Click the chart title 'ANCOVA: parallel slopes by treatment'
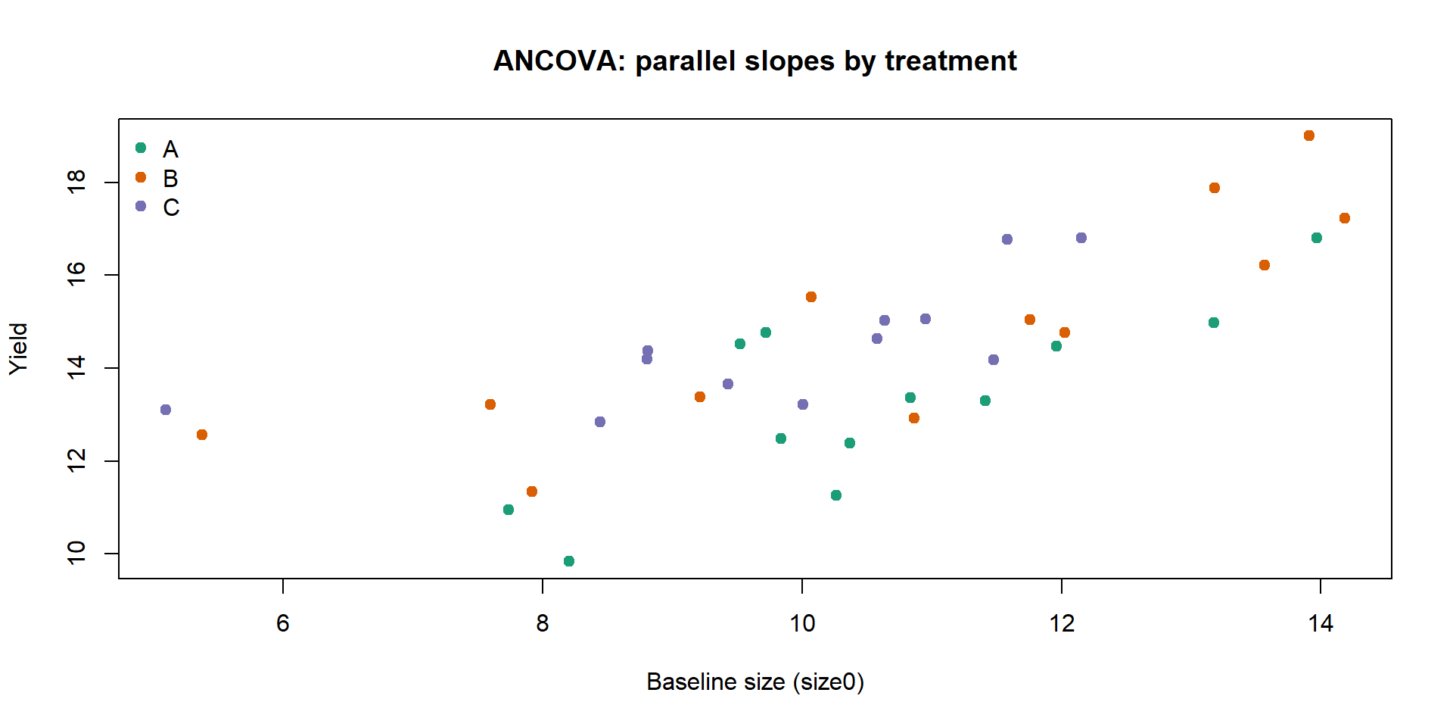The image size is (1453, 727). (x=755, y=61)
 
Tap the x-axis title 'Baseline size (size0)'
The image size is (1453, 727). (x=755, y=682)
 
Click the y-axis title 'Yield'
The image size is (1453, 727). (x=18, y=348)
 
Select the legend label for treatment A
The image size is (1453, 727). (x=170, y=149)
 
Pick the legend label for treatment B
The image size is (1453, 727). (x=170, y=179)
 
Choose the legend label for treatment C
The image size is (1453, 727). (x=171, y=207)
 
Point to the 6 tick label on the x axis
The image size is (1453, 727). (x=283, y=623)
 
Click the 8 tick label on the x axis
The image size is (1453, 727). (x=543, y=623)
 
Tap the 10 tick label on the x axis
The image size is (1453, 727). (x=802, y=623)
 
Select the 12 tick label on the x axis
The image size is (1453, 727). (x=1062, y=623)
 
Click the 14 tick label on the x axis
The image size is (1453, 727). (x=1321, y=623)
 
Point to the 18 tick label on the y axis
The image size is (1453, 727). (x=76, y=183)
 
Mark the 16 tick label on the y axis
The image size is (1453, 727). (x=76, y=274)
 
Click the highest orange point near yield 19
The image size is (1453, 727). (x=1309, y=136)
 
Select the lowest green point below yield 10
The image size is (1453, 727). (x=569, y=561)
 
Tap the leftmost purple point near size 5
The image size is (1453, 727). (x=166, y=410)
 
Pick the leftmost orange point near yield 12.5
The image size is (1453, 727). (x=202, y=435)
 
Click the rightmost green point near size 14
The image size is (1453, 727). (x=1317, y=238)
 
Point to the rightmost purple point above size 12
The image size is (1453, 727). (x=1081, y=238)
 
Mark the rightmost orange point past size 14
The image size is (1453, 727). (x=1345, y=218)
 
